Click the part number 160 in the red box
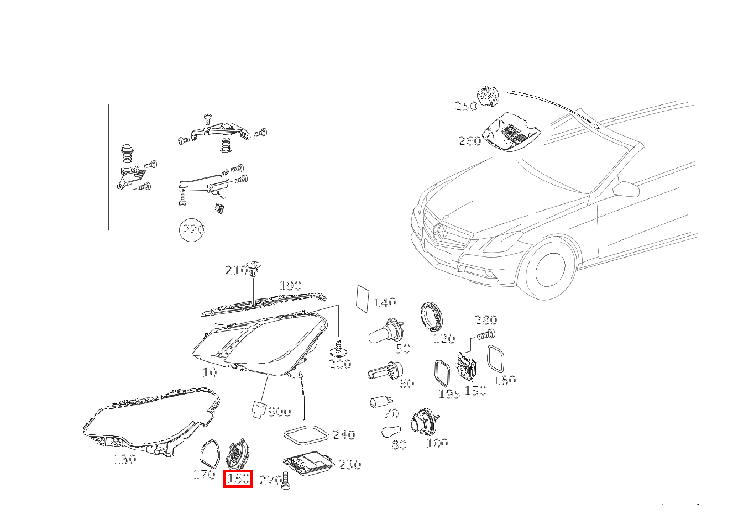(x=238, y=479)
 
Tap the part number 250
(x=466, y=106)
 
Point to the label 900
(x=280, y=412)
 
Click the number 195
(x=449, y=394)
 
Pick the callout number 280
(x=486, y=320)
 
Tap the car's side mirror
(x=626, y=189)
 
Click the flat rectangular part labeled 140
(x=363, y=299)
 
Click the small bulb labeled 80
(x=391, y=432)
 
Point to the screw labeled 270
(x=286, y=481)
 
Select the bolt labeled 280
(x=486, y=335)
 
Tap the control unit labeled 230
(x=308, y=464)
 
